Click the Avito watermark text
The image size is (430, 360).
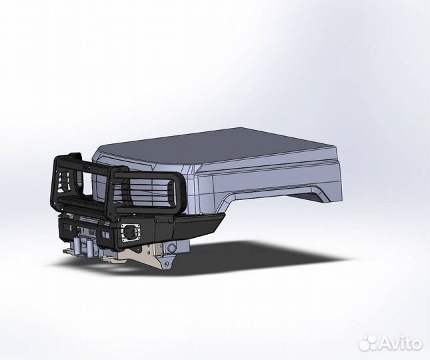point(401,343)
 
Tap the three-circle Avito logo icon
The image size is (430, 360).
point(369,343)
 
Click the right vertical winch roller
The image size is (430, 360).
point(89,246)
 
